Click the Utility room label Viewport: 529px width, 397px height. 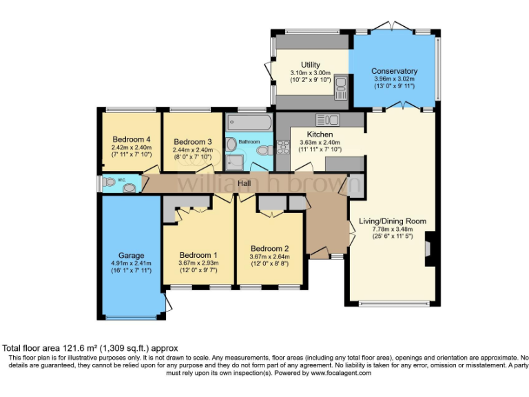pyautogui.click(x=310, y=64)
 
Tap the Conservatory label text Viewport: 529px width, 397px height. pyautogui.click(x=394, y=71)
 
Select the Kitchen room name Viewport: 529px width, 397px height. pyautogui.click(x=320, y=134)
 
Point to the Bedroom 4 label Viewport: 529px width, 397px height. pyautogui.click(x=131, y=139)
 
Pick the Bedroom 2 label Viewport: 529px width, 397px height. pyautogui.click(x=269, y=249)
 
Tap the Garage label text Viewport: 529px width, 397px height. pyautogui.click(x=131, y=254)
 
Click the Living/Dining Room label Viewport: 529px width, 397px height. pyautogui.click(x=392, y=221)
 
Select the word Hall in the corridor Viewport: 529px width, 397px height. pyautogui.click(x=245, y=183)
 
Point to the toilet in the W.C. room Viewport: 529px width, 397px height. pyautogui.click(x=110, y=183)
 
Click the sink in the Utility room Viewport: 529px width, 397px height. pyautogui.click(x=340, y=89)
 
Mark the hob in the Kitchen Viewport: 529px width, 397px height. pyautogui.click(x=282, y=146)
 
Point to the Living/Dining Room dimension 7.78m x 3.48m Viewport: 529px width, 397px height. pyautogui.click(x=392, y=230)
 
